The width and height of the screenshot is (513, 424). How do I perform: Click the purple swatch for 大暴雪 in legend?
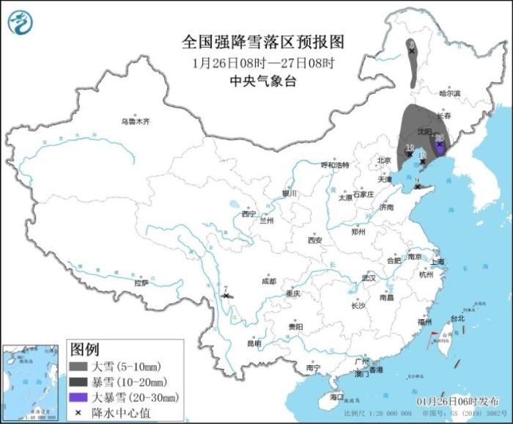pos(78,398)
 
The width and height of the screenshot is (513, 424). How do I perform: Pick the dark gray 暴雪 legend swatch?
pos(78,381)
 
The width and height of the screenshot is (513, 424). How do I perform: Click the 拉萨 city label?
pos(141,282)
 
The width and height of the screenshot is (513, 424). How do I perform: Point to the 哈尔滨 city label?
pos(449,93)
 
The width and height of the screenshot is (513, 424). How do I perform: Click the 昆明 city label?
pos(254,343)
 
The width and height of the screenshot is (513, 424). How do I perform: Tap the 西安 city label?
pos(314,240)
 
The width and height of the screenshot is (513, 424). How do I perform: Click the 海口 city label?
pos(336,396)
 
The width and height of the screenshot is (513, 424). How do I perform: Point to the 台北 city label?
pos(457,318)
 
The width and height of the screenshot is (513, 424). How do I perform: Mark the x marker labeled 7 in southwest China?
pos(226,296)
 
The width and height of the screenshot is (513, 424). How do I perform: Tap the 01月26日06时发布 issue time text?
pos(457,401)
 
